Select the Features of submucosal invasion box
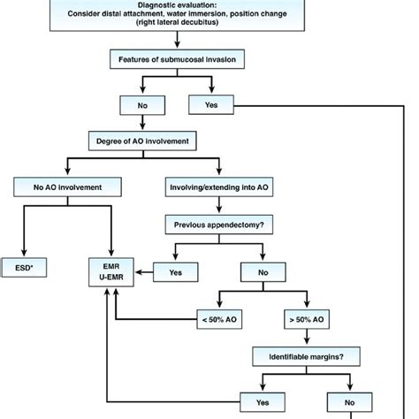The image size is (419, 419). point(179,61)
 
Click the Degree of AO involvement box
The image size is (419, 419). point(141,141)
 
